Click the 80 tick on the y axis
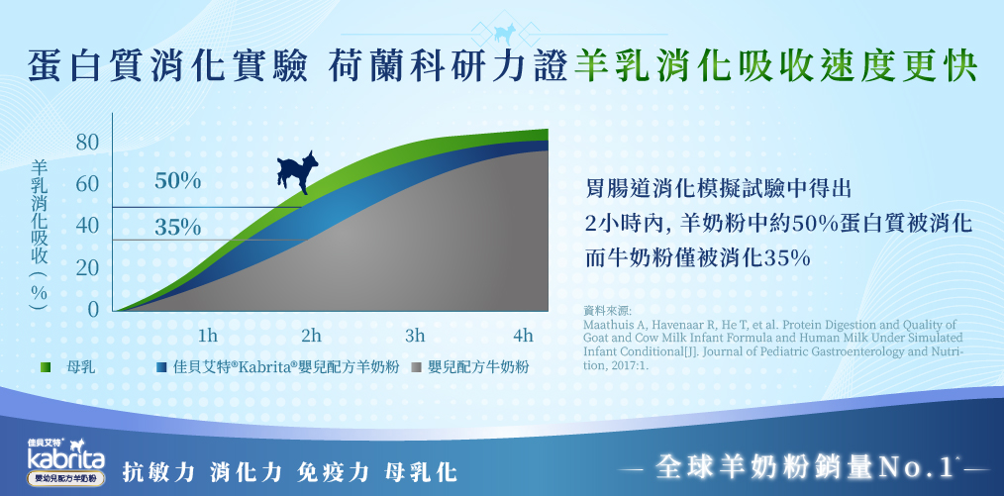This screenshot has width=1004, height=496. point(88,143)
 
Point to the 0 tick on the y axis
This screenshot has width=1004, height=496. point(93,310)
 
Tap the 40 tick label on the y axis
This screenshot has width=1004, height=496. point(88,226)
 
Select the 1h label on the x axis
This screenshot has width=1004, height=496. point(208,336)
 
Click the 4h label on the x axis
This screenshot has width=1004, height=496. point(523,336)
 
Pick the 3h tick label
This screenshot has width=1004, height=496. point(415,336)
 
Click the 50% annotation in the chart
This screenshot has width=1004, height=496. point(178,182)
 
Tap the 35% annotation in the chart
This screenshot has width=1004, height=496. point(178,227)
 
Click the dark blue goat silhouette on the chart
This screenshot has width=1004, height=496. point(298,171)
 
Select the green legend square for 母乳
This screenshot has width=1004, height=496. point(46,367)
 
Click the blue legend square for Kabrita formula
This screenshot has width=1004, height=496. point(161,367)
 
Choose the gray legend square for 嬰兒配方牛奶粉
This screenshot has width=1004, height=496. point(416,367)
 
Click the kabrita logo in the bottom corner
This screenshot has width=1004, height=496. point(66,460)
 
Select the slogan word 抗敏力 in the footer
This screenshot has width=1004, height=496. point(158,472)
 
